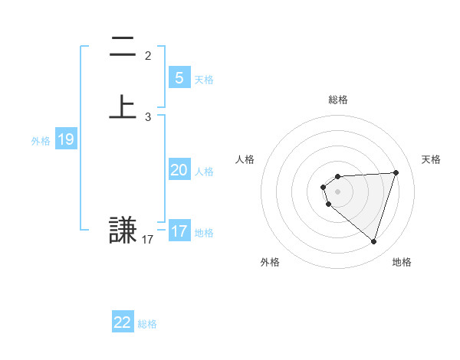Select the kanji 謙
pyautogui.click(x=123, y=230)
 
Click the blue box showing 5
pyautogui.click(x=179, y=77)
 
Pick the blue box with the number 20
pyautogui.click(x=179, y=170)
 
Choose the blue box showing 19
pyautogui.click(x=65, y=139)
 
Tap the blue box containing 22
pyautogui.click(x=123, y=322)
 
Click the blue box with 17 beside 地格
pyautogui.click(x=179, y=231)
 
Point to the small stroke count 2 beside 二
pyautogui.click(x=148, y=55)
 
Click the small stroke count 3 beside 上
pyautogui.click(x=148, y=117)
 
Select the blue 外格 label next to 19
pyautogui.click(x=41, y=141)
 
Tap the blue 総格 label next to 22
pyautogui.click(x=147, y=324)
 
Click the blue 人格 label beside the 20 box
pyautogui.click(x=205, y=172)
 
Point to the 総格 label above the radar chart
pyautogui.click(x=337, y=100)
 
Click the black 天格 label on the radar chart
pyautogui.click(x=431, y=159)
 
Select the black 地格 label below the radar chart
pyautogui.click(x=402, y=263)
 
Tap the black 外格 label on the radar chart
pyautogui.click(x=270, y=263)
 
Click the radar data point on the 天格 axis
pyautogui.click(x=396, y=172)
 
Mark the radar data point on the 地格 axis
pyautogui.click(x=373, y=241)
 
